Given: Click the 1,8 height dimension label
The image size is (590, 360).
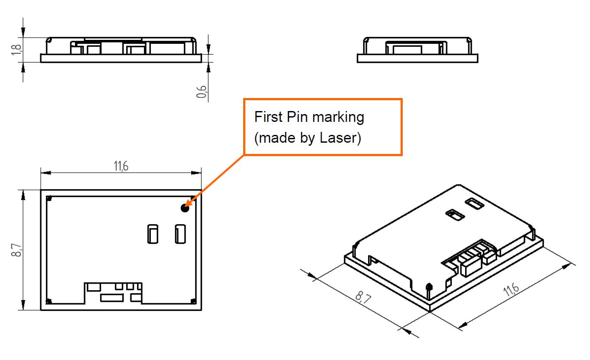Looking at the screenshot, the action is click(x=16, y=49).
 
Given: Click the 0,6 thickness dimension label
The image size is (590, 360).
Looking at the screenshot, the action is click(x=202, y=92).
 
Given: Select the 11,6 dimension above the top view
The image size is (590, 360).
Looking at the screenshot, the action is click(x=121, y=166).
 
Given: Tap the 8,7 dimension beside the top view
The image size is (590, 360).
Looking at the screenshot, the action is click(x=16, y=250).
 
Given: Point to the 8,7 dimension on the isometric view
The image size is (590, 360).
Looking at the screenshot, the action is click(x=363, y=297).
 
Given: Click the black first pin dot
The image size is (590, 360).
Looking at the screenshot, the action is click(x=185, y=208).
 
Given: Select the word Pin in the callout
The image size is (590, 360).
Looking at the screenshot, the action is click(x=297, y=117).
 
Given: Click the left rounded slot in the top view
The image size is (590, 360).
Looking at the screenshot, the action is click(x=153, y=234).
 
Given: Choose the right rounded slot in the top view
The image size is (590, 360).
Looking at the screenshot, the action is click(x=180, y=234).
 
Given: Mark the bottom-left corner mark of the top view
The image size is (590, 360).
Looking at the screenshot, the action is click(x=49, y=301).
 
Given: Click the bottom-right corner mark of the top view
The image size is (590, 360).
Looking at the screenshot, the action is click(x=193, y=301).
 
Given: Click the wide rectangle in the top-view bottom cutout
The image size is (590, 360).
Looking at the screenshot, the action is click(x=112, y=298).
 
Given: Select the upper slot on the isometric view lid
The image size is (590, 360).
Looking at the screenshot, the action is click(x=475, y=204).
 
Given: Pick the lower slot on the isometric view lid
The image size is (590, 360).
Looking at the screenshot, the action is click(x=455, y=215).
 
